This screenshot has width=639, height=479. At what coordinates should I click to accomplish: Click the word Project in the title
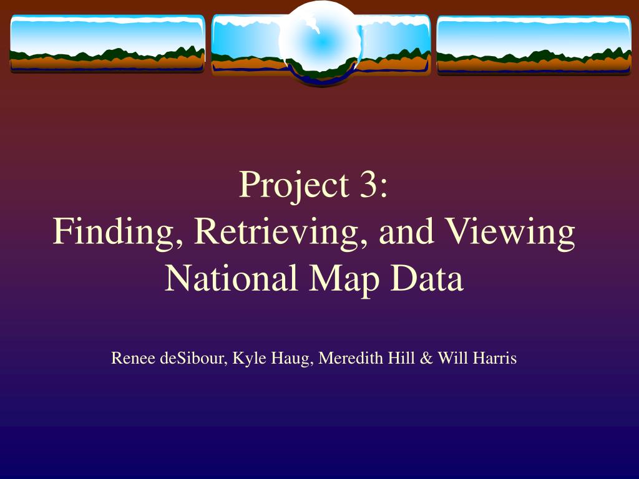(x=294, y=185)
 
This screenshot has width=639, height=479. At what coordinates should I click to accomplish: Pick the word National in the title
(x=231, y=278)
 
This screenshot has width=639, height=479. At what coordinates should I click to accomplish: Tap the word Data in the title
(x=427, y=278)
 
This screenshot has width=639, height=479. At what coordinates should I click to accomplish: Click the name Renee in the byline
(x=134, y=358)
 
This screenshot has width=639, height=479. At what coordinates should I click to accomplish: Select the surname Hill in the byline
(x=401, y=358)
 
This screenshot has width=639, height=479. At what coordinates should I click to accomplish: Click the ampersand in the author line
(x=426, y=359)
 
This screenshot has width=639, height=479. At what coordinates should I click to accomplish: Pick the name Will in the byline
(x=451, y=358)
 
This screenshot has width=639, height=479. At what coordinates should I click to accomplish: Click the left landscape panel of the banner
(x=107, y=44)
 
